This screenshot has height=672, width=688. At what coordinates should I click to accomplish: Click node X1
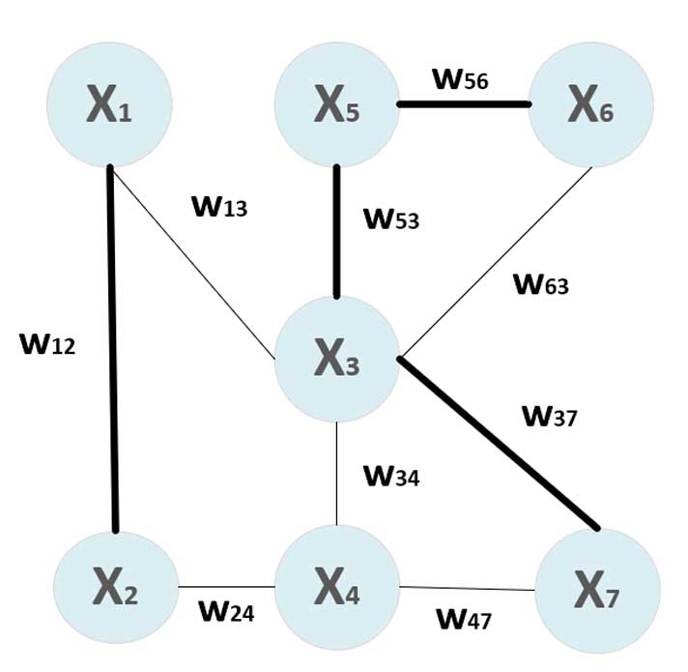coord(109,103)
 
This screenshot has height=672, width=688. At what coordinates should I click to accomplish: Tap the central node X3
coord(336,359)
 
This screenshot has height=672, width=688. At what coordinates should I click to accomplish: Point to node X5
coord(336,103)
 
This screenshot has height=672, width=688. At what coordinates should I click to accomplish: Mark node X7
coord(598,589)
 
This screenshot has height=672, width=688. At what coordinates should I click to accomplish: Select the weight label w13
coord(220,206)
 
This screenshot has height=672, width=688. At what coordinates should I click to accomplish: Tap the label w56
coord(461,78)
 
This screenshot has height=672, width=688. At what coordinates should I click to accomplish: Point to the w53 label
coord(391,218)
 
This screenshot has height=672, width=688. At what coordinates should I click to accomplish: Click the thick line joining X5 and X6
coord(463,103)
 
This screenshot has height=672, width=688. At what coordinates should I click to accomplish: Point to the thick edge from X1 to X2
coord(113,348)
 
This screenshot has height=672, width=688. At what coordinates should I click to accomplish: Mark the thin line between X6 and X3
coord(498,261)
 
